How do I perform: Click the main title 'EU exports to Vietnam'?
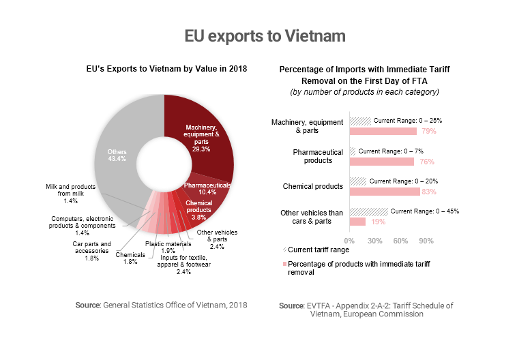[265, 35]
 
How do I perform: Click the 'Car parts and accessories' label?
[91, 247]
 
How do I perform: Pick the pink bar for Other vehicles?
[357, 222]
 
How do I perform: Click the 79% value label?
[428, 131]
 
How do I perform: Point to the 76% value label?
[426, 162]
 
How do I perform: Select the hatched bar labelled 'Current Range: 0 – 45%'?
[368, 212]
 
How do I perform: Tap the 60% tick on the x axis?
[400, 241]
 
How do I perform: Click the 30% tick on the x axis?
[374, 241]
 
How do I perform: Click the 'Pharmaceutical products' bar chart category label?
[313, 155]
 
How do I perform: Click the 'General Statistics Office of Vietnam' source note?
[161, 305]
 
